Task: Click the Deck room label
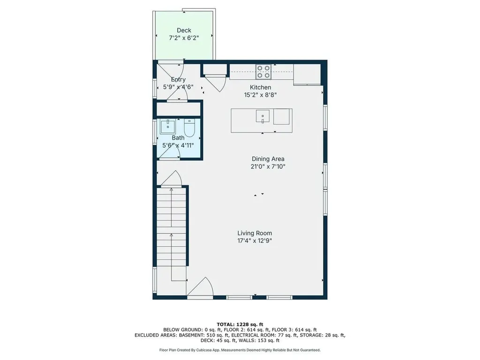coord(184,30)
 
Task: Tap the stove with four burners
coord(263,72)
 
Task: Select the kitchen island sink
coord(262,116)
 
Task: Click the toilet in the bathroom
coord(189,128)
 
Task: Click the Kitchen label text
coord(260,87)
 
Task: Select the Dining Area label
coord(268,159)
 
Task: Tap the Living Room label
coord(255,233)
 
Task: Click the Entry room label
coord(178,80)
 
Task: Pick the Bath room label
coord(178,138)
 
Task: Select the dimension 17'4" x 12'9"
coord(255,241)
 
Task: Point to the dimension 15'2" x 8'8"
coord(260,95)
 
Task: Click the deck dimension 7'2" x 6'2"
coord(184,38)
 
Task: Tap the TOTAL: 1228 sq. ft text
coord(240,324)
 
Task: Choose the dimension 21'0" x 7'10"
coord(268,166)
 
